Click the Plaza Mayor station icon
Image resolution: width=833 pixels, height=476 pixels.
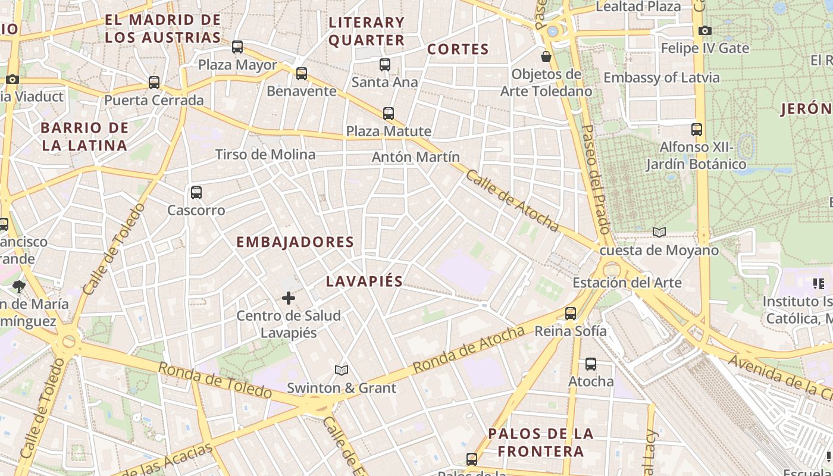pos(237,46)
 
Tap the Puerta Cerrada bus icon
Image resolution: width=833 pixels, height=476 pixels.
pos(154,83)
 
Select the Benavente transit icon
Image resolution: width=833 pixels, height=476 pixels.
pos(302,74)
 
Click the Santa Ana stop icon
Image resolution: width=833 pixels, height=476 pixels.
pos(385,64)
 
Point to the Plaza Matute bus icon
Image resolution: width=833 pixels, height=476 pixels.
pos(389,113)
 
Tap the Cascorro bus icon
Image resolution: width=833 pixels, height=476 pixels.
pos(196,193)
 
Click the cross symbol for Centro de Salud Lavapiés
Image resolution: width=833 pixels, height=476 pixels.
pos(289,297)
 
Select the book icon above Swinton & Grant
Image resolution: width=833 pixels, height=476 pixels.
pos(341,371)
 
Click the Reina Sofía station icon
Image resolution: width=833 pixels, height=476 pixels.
pos(571,313)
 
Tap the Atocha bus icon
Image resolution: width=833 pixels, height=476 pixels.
pos(591,364)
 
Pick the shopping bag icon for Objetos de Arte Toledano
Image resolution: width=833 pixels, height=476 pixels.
pos(546,57)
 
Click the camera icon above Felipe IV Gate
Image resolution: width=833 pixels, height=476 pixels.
pos(705,30)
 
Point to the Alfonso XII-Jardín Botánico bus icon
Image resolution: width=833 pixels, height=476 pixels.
pos(697,129)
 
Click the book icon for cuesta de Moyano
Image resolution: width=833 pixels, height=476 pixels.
pos(659,232)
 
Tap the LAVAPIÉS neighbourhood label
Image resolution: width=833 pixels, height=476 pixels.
pos(364,281)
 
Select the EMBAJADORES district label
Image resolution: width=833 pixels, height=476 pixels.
pos(295,242)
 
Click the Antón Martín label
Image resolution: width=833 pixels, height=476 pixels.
pos(416,157)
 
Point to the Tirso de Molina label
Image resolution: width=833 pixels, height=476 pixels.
pos(265,155)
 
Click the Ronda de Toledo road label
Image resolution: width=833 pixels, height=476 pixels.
pos(215,380)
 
